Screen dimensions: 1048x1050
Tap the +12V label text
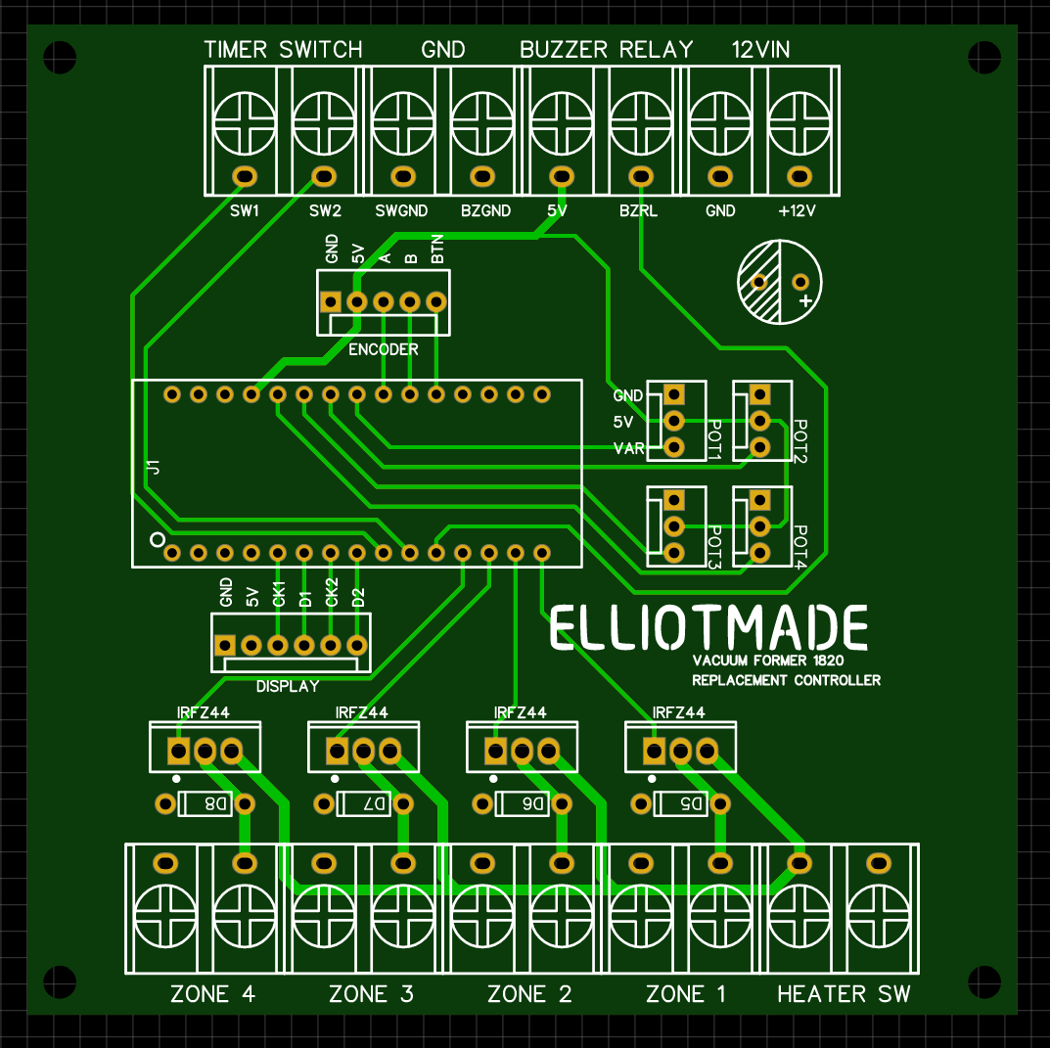pos(797,210)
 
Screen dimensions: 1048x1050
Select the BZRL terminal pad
pos(640,177)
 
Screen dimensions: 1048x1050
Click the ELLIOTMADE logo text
pos(708,628)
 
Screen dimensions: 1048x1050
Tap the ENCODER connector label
pos(384,349)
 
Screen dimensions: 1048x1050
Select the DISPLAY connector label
pos(288,686)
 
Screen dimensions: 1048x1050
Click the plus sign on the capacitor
pos(804,300)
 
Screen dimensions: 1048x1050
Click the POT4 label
pos(799,548)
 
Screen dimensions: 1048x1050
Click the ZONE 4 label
pos(212,994)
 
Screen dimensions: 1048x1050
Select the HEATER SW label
pos(844,994)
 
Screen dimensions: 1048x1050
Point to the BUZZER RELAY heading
pos(606,49)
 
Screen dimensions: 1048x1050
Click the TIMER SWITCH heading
pos(283,49)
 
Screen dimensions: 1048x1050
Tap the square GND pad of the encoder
pos(332,301)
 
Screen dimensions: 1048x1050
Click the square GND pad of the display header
pos(225,645)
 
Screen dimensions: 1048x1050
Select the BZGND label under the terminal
pos(485,210)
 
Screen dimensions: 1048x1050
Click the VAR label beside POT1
pos(627,448)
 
